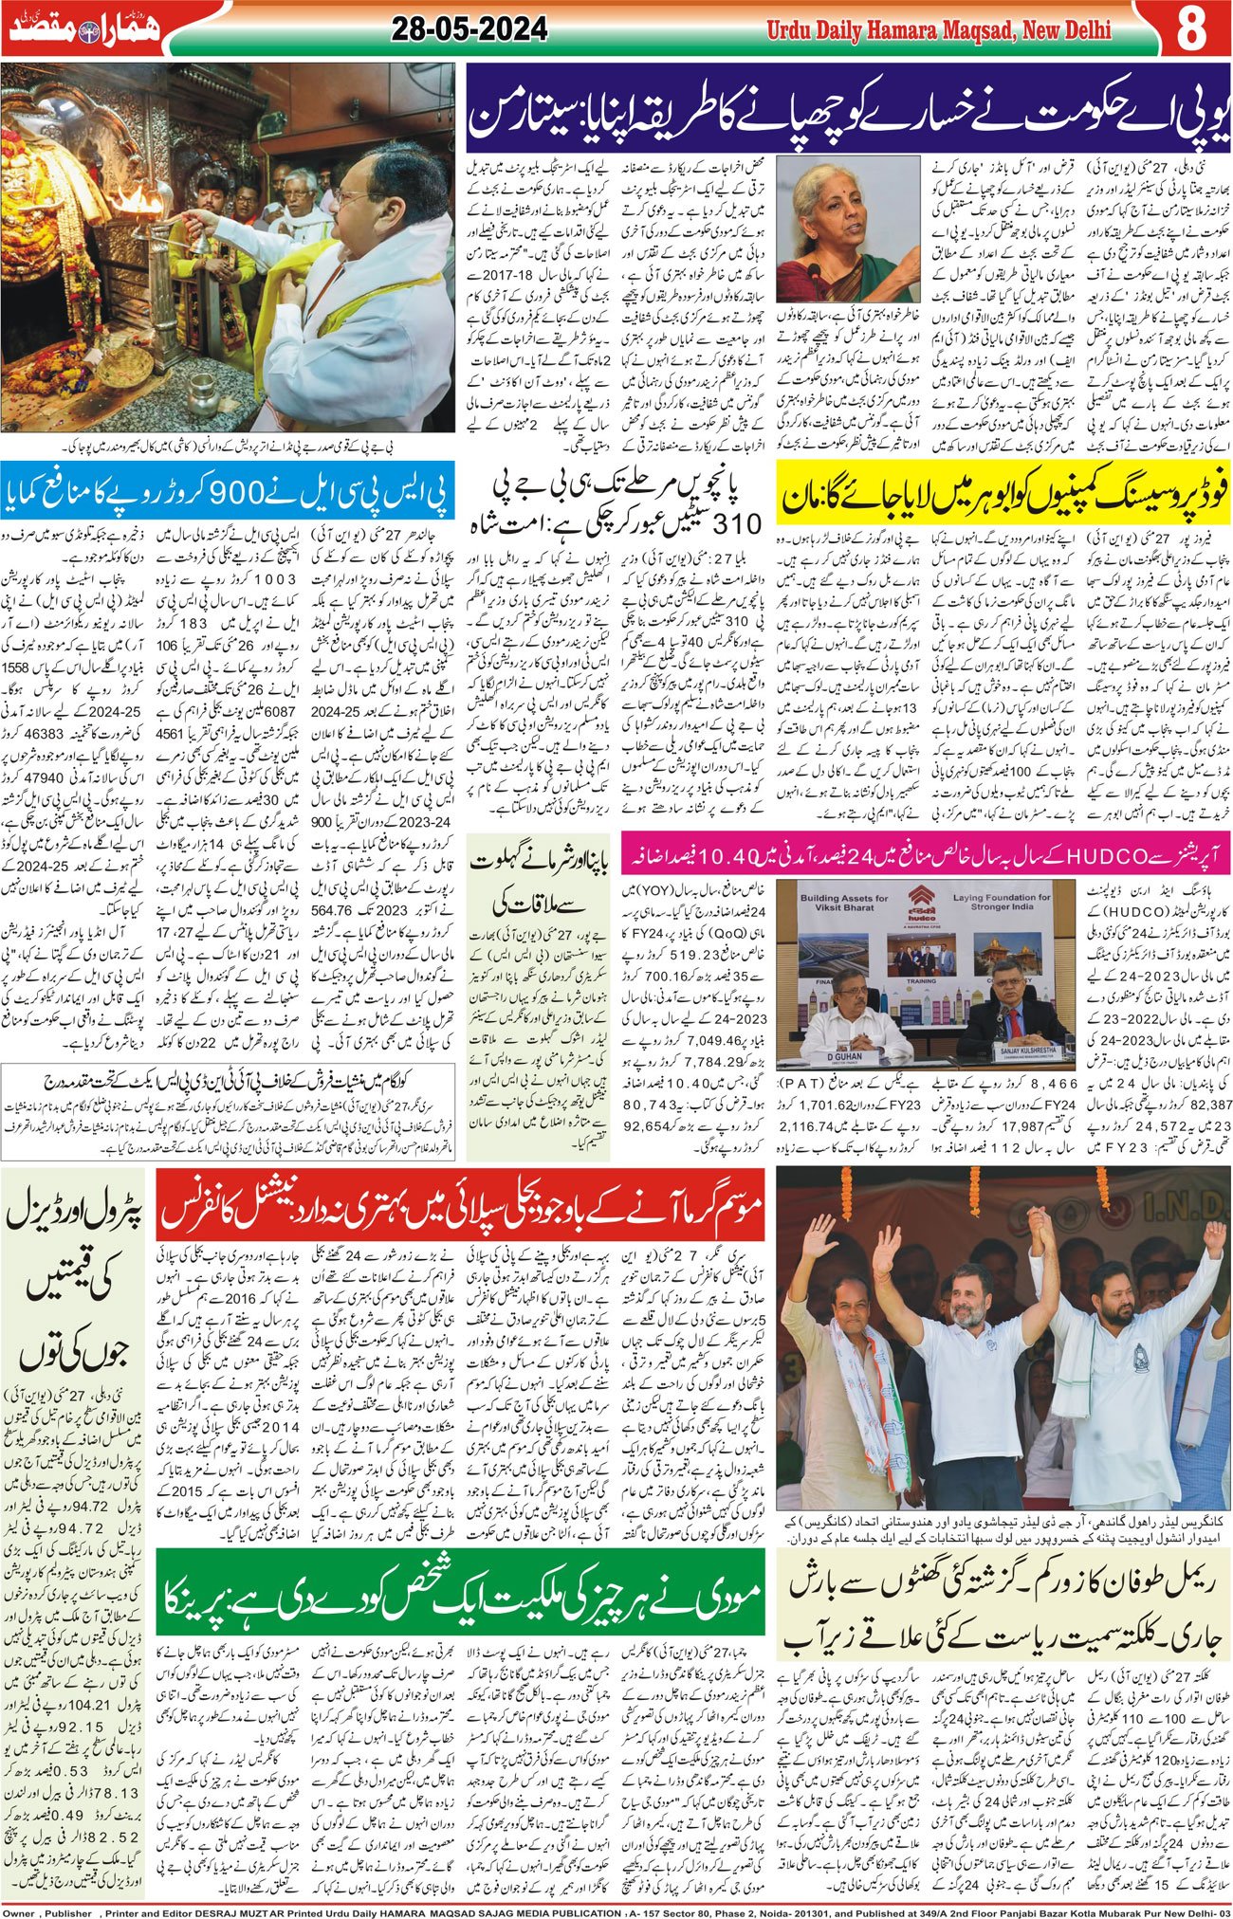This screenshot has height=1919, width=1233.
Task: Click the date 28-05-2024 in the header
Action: (469, 29)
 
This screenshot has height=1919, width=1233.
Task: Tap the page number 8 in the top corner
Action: (1191, 29)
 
